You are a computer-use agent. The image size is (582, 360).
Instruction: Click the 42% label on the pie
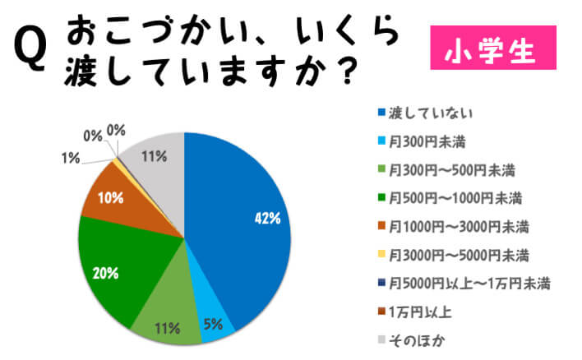tap(267, 219)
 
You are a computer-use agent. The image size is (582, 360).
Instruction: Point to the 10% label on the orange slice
tap(109, 198)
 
